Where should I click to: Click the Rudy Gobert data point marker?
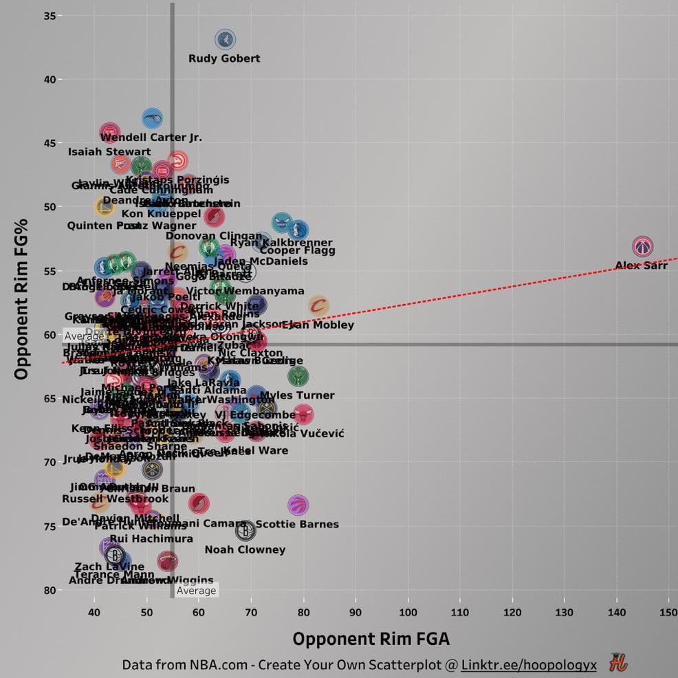(x=225, y=39)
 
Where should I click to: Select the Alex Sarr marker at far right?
(x=642, y=245)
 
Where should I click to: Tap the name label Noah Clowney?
(x=245, y=549)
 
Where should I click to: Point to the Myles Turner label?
(x=297, y=395)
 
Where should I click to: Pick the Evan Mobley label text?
(x=318, y=325)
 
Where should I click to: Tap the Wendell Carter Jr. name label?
(x=151, y=138)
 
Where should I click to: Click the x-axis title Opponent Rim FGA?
(x=371, y=639)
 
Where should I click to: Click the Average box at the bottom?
(x=196, y=590)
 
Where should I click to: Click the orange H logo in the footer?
(x=617, y=664)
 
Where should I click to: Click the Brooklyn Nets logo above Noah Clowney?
(x=245, y=530)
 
